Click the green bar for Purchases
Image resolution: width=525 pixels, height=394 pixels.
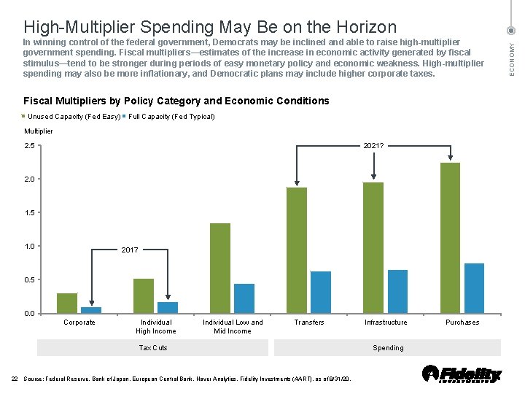click(451, 238)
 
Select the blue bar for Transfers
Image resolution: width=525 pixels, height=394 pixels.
click(321, 292)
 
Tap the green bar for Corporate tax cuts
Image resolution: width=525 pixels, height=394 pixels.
click(67, 303)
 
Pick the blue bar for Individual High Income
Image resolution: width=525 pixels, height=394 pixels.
click(168, 307)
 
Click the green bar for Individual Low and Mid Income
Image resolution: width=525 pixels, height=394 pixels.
click(220, 268)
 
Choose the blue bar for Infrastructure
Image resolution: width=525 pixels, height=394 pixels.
click(397, 291)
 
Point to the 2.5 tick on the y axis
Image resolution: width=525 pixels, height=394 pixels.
click(30, 146)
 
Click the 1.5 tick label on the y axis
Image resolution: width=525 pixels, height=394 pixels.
click(30, 213)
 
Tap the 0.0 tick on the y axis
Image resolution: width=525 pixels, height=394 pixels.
click(30, 314)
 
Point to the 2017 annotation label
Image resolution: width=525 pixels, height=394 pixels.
click(130, 250)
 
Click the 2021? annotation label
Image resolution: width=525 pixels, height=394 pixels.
click(374, 146)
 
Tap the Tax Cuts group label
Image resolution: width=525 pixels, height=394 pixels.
click(153, 348)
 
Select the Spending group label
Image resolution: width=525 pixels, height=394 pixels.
click(388, 348)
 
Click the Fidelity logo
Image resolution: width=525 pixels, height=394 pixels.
click(462, 374)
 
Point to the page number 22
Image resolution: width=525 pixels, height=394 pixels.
click(15, 379)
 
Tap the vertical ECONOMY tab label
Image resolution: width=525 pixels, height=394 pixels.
click(512, 57)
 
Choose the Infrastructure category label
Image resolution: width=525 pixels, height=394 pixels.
click(386, 322)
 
